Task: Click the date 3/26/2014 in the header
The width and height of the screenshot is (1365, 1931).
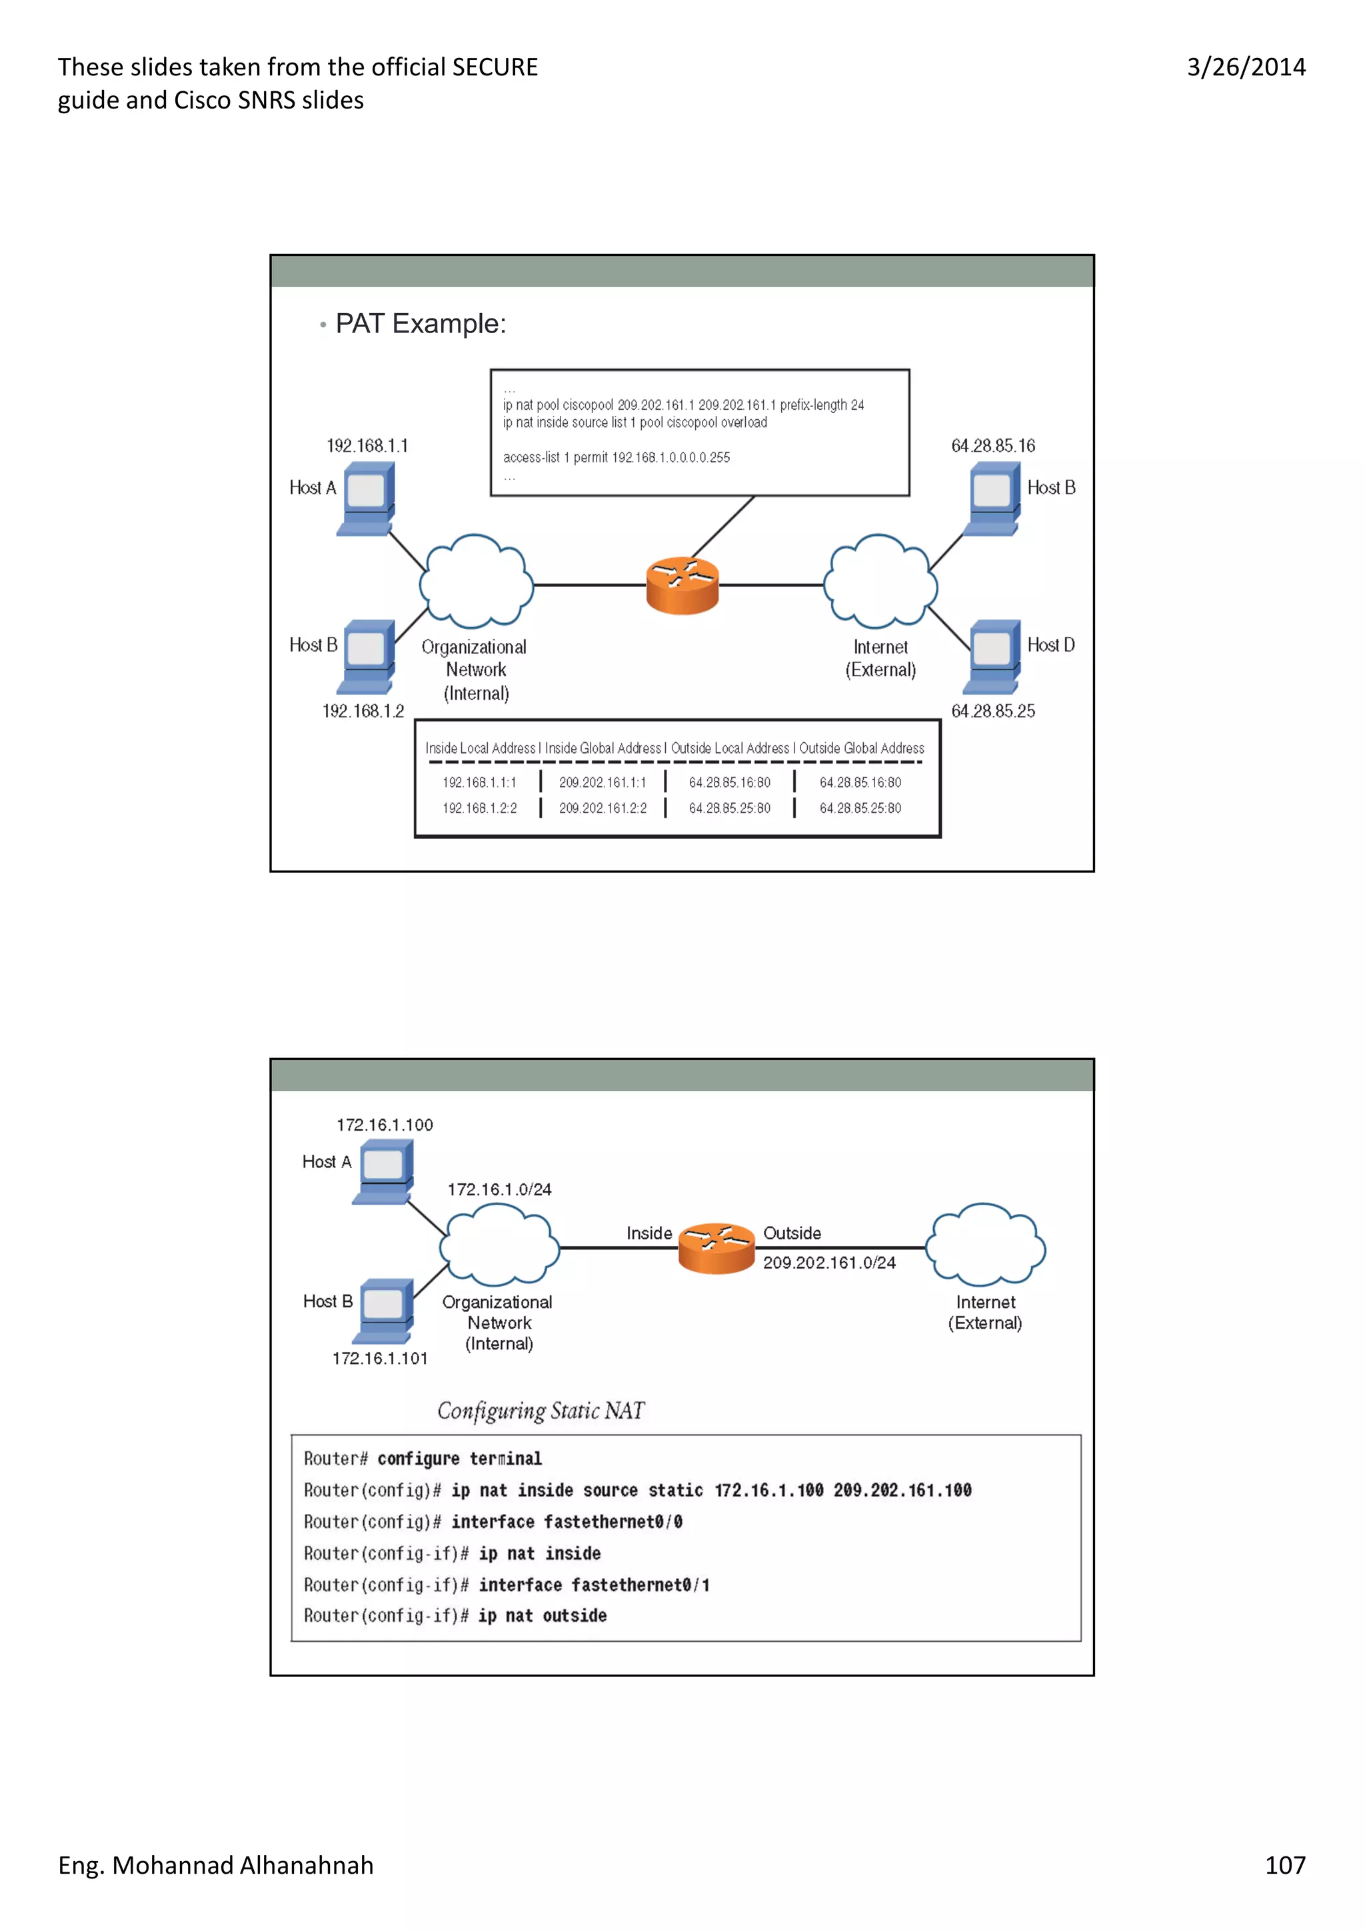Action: (x=1246, y=67)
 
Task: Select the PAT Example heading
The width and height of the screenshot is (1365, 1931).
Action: (x=420, y=324)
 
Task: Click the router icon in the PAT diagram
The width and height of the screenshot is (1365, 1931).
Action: (x=682, y=585)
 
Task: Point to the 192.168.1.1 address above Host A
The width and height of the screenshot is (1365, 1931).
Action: (x=367, y=446)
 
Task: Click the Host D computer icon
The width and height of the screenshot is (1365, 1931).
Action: (x=994, y=656)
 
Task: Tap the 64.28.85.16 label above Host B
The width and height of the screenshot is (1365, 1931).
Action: (x=992, y=446)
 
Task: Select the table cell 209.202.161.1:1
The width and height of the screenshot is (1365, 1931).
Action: (x=602, y=782)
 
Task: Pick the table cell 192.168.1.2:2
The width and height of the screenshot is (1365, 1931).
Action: (x=479, y=808)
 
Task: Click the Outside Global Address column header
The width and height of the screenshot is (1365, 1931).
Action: (x=861, y=748)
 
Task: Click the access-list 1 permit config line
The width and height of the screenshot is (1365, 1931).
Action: (x=616, y=458)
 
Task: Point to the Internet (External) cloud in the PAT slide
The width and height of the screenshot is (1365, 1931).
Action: (x=880, y=581)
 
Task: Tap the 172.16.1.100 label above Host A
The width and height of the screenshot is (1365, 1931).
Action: (x=385, y=1125)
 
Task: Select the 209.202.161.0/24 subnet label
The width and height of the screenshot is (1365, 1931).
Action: (x=828, y=1263)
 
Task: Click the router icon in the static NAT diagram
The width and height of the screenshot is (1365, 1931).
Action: (x=716, y=1248)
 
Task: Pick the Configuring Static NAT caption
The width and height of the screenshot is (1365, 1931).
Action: (x=540, y=1411)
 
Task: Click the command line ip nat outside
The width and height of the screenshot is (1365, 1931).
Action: (x=542, y=1616)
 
